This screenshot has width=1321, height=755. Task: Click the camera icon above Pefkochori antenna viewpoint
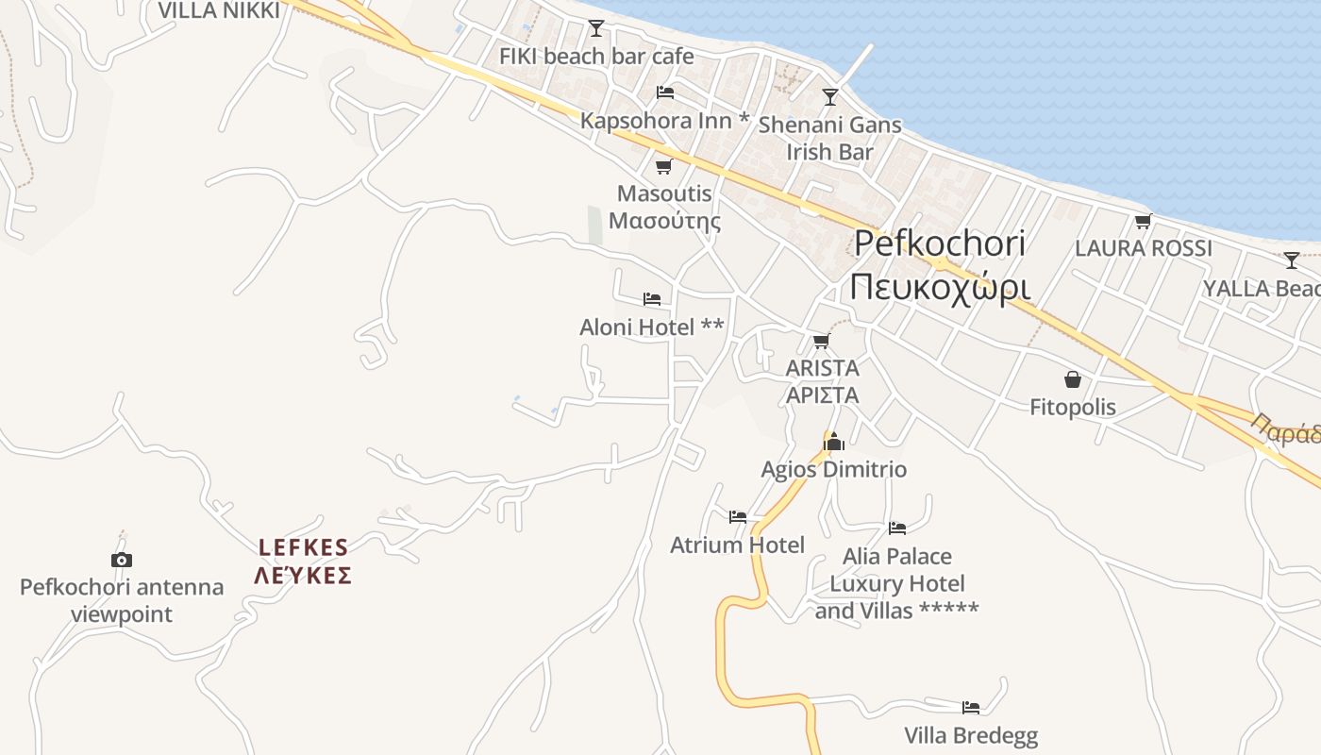(122, 560)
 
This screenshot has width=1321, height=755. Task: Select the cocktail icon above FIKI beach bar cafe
(595, 27)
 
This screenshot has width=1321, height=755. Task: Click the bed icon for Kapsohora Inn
(664, 92)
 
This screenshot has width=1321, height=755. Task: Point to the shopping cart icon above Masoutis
(663, 167)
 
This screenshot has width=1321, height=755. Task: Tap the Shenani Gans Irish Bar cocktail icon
(829, 96)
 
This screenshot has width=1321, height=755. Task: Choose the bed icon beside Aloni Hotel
(651, 299)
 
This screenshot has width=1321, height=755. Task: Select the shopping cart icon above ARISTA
(821, 341)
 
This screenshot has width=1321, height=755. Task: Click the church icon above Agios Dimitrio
(833, 441)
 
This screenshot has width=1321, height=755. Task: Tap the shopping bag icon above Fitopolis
(1073, 379)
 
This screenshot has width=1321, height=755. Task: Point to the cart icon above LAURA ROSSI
(1143, 221)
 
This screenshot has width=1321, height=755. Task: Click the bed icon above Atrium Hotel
(738, 516)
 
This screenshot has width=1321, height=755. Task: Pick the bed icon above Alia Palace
(896, 528)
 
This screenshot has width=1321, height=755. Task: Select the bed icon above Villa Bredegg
(970, 707)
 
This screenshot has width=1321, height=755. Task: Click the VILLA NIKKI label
(219, 10)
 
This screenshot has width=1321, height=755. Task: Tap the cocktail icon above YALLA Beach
(1291, 260)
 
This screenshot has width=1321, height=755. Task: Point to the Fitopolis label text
(1072, 408)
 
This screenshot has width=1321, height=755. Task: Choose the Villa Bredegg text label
(970, 735)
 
